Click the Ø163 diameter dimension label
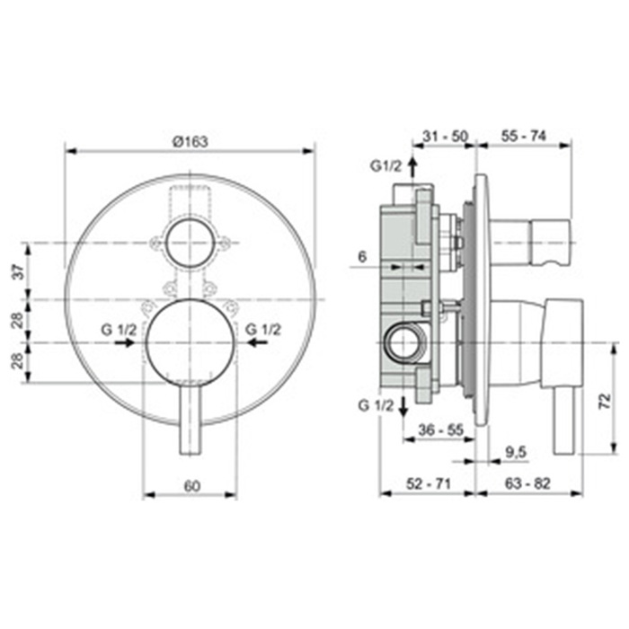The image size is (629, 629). point(190,141)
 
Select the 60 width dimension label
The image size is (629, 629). point(191,486)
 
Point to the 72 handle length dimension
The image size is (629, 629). point(606,400)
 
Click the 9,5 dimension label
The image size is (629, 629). point(516,453)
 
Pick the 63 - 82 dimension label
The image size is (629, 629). point(527,483)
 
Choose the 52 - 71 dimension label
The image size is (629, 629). point(428,483)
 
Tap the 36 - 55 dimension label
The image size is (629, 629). point(441,430)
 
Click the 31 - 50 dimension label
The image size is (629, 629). point(446,137)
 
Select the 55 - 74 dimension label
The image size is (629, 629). point(524,137)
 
